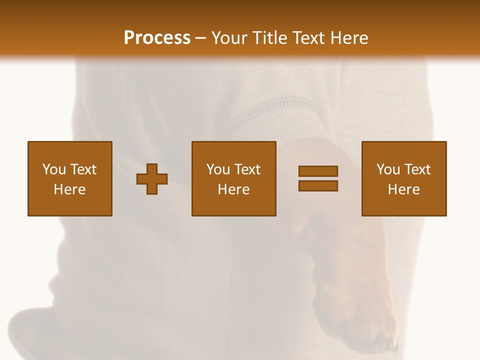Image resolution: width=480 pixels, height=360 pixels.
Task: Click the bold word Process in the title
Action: click(x=157, y=38)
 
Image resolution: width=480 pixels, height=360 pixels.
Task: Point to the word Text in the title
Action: click(x=310, y=38)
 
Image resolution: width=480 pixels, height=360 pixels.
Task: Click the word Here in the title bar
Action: click(x=350, y=38)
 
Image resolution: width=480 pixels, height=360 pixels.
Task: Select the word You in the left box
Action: click(x=53, y=169)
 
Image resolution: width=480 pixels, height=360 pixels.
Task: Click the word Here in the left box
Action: click(x=69, y=189)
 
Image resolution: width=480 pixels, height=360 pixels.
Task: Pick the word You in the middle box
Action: click(x=218, y=169)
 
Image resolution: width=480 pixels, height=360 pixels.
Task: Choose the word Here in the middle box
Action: click(x=233, y=189)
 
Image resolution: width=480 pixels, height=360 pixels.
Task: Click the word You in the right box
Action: click(x=388, y=169)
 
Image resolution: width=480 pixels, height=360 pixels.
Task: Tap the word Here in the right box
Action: click(x=403, y=189)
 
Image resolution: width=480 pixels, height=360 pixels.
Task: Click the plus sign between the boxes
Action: click(x=152, y=179)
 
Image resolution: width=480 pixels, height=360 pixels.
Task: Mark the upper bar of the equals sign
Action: click(x=318, y=171)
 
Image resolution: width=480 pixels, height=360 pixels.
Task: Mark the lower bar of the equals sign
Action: click(x=318, y=185)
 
